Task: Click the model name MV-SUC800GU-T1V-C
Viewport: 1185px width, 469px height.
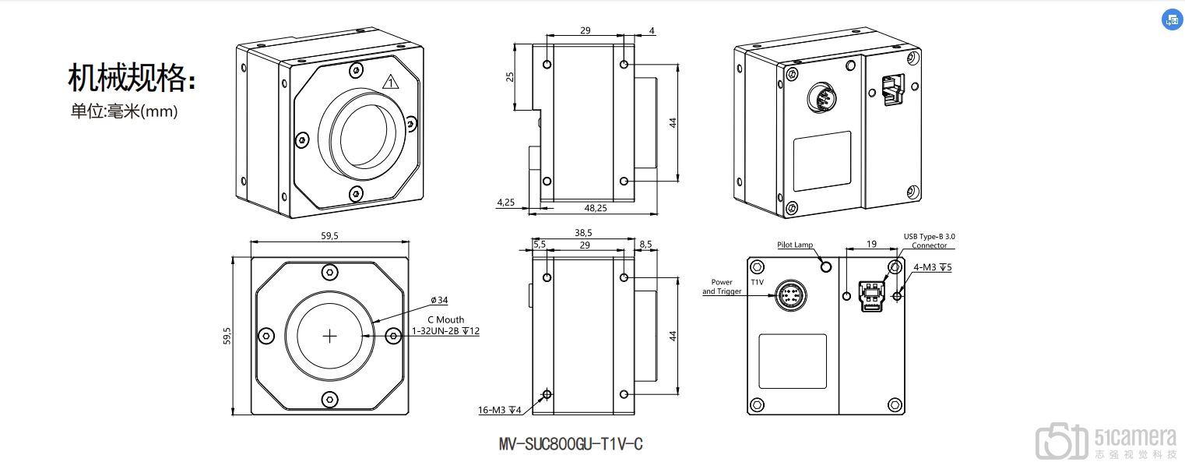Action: coord(571,445)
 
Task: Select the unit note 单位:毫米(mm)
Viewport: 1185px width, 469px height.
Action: coord(125,111)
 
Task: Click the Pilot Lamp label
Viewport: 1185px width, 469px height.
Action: coord(794,245)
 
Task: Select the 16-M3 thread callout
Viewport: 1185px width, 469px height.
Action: coord(499,410)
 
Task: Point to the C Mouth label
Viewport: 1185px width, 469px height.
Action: coord(445,319)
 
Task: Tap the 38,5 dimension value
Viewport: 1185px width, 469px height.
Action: coord(584,232)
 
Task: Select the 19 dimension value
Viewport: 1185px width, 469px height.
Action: coord(870,244)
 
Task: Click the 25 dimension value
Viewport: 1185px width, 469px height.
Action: coord(509,76)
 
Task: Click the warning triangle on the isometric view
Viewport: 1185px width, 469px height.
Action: coord(391,81)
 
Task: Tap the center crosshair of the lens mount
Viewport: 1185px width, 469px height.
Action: coord(331,336)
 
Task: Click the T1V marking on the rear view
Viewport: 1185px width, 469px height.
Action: coord(757,282)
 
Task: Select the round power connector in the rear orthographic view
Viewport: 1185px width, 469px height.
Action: coord(791,296)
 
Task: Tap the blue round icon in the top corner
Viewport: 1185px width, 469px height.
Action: coord(1171,21)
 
